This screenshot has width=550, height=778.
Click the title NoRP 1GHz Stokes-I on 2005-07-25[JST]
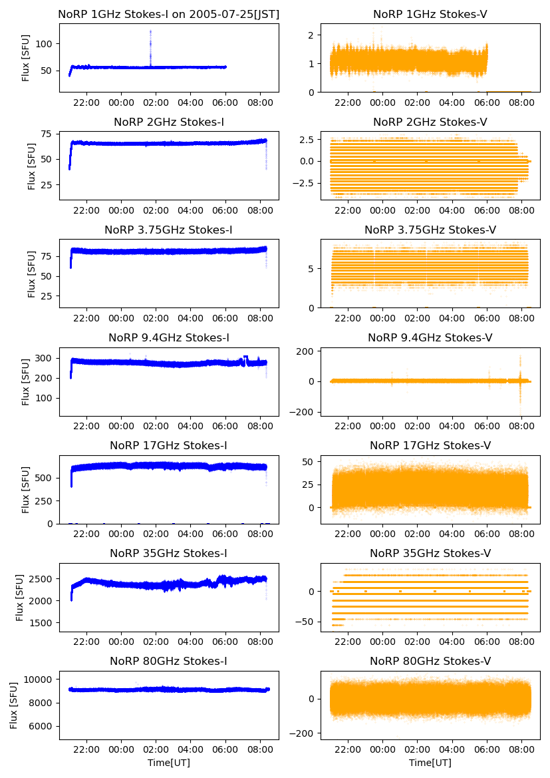[168, 14]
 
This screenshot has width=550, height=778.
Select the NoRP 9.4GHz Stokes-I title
[168, 338]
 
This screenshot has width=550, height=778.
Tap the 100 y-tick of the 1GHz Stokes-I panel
[47, 44]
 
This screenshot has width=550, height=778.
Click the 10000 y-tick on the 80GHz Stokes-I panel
[41, 680]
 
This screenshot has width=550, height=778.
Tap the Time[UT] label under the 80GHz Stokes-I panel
[168, 763]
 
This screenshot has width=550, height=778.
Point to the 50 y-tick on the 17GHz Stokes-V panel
[310, 461]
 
